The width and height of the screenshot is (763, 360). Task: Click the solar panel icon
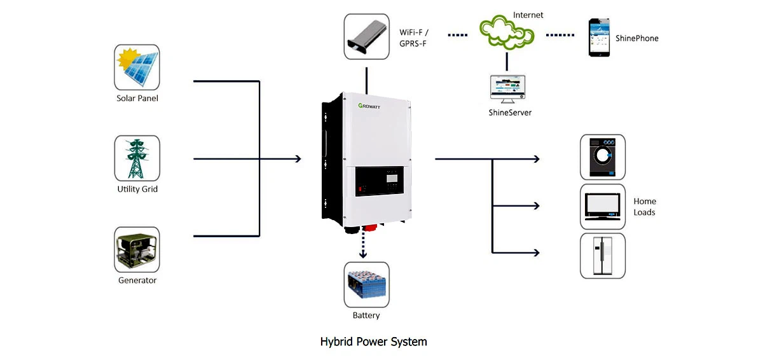pos(137,67)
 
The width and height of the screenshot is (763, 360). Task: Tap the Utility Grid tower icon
pos(137,158)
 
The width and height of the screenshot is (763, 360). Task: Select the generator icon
pos(137,250)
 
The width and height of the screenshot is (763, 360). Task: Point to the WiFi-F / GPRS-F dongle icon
pos(366,37)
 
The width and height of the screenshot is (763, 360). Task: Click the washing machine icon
pos(603,157)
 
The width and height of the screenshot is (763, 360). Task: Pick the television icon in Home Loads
pos(603,206)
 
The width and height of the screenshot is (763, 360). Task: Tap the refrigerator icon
pos(603,255)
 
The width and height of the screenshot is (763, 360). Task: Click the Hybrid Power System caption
pos(373,342)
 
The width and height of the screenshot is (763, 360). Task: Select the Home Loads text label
pos(644,207)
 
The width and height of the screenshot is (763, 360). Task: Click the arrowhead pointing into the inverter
pos(297,158)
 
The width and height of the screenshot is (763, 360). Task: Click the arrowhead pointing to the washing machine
pos(536,158)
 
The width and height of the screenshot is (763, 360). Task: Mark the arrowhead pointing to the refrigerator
pos(536,253)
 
